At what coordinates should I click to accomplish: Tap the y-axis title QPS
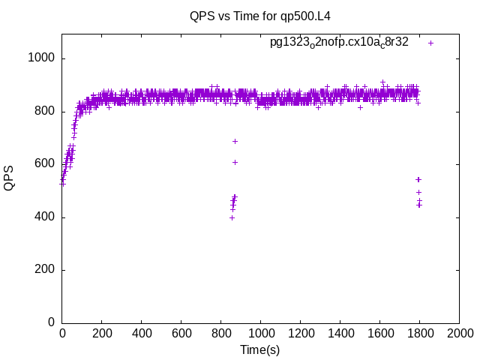10,178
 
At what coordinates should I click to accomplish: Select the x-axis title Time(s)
259,350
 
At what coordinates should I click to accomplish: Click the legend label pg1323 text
339,42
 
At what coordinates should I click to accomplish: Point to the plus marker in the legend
430,43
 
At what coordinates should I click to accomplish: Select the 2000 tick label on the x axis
459,334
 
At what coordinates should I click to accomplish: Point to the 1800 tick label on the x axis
419,334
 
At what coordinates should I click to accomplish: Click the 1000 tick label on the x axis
260,334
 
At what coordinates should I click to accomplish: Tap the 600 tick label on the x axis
181,334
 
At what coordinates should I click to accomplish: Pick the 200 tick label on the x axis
102,334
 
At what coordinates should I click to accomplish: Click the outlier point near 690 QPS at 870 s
235,141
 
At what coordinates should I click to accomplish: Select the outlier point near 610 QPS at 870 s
235,162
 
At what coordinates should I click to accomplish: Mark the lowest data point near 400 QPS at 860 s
232,217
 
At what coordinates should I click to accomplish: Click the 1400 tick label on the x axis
340,334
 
